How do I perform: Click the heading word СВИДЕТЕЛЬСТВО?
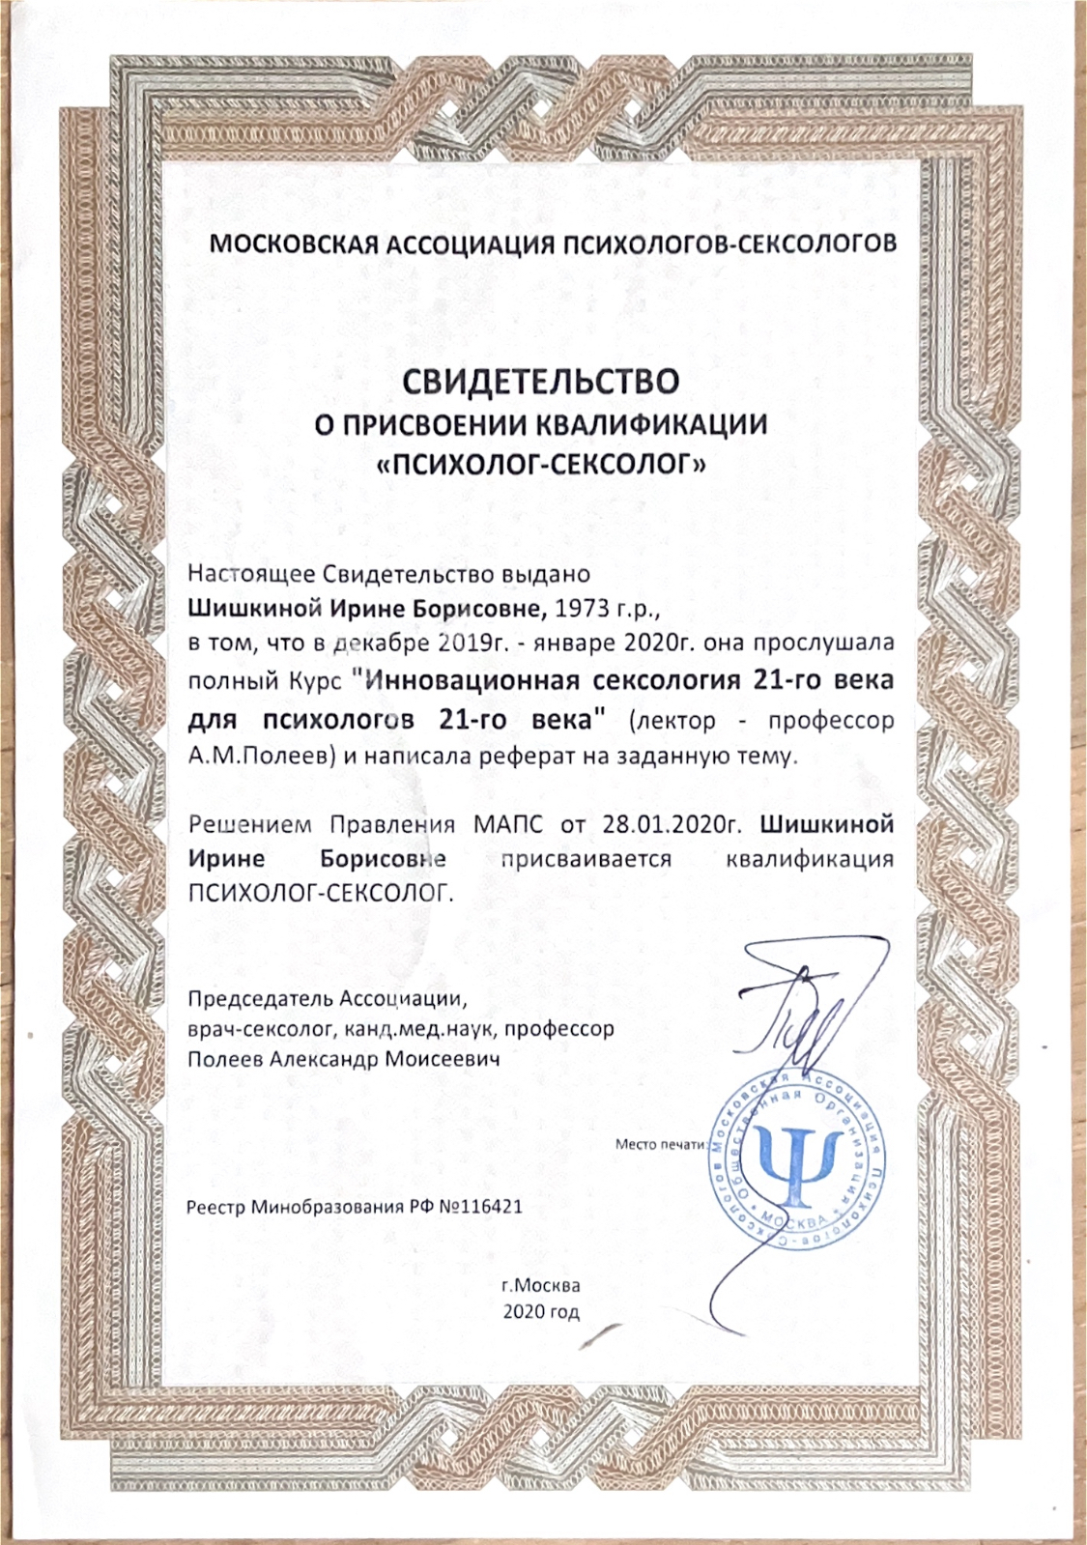click(541, 381)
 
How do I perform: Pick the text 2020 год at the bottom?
click(541, 1312)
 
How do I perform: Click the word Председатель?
click(247, 998)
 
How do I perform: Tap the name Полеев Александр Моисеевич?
click(344, 1059)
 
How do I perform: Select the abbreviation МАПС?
click(509, 825)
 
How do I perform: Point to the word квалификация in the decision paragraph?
click(809, 859)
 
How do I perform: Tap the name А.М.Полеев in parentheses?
click(261, 756)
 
